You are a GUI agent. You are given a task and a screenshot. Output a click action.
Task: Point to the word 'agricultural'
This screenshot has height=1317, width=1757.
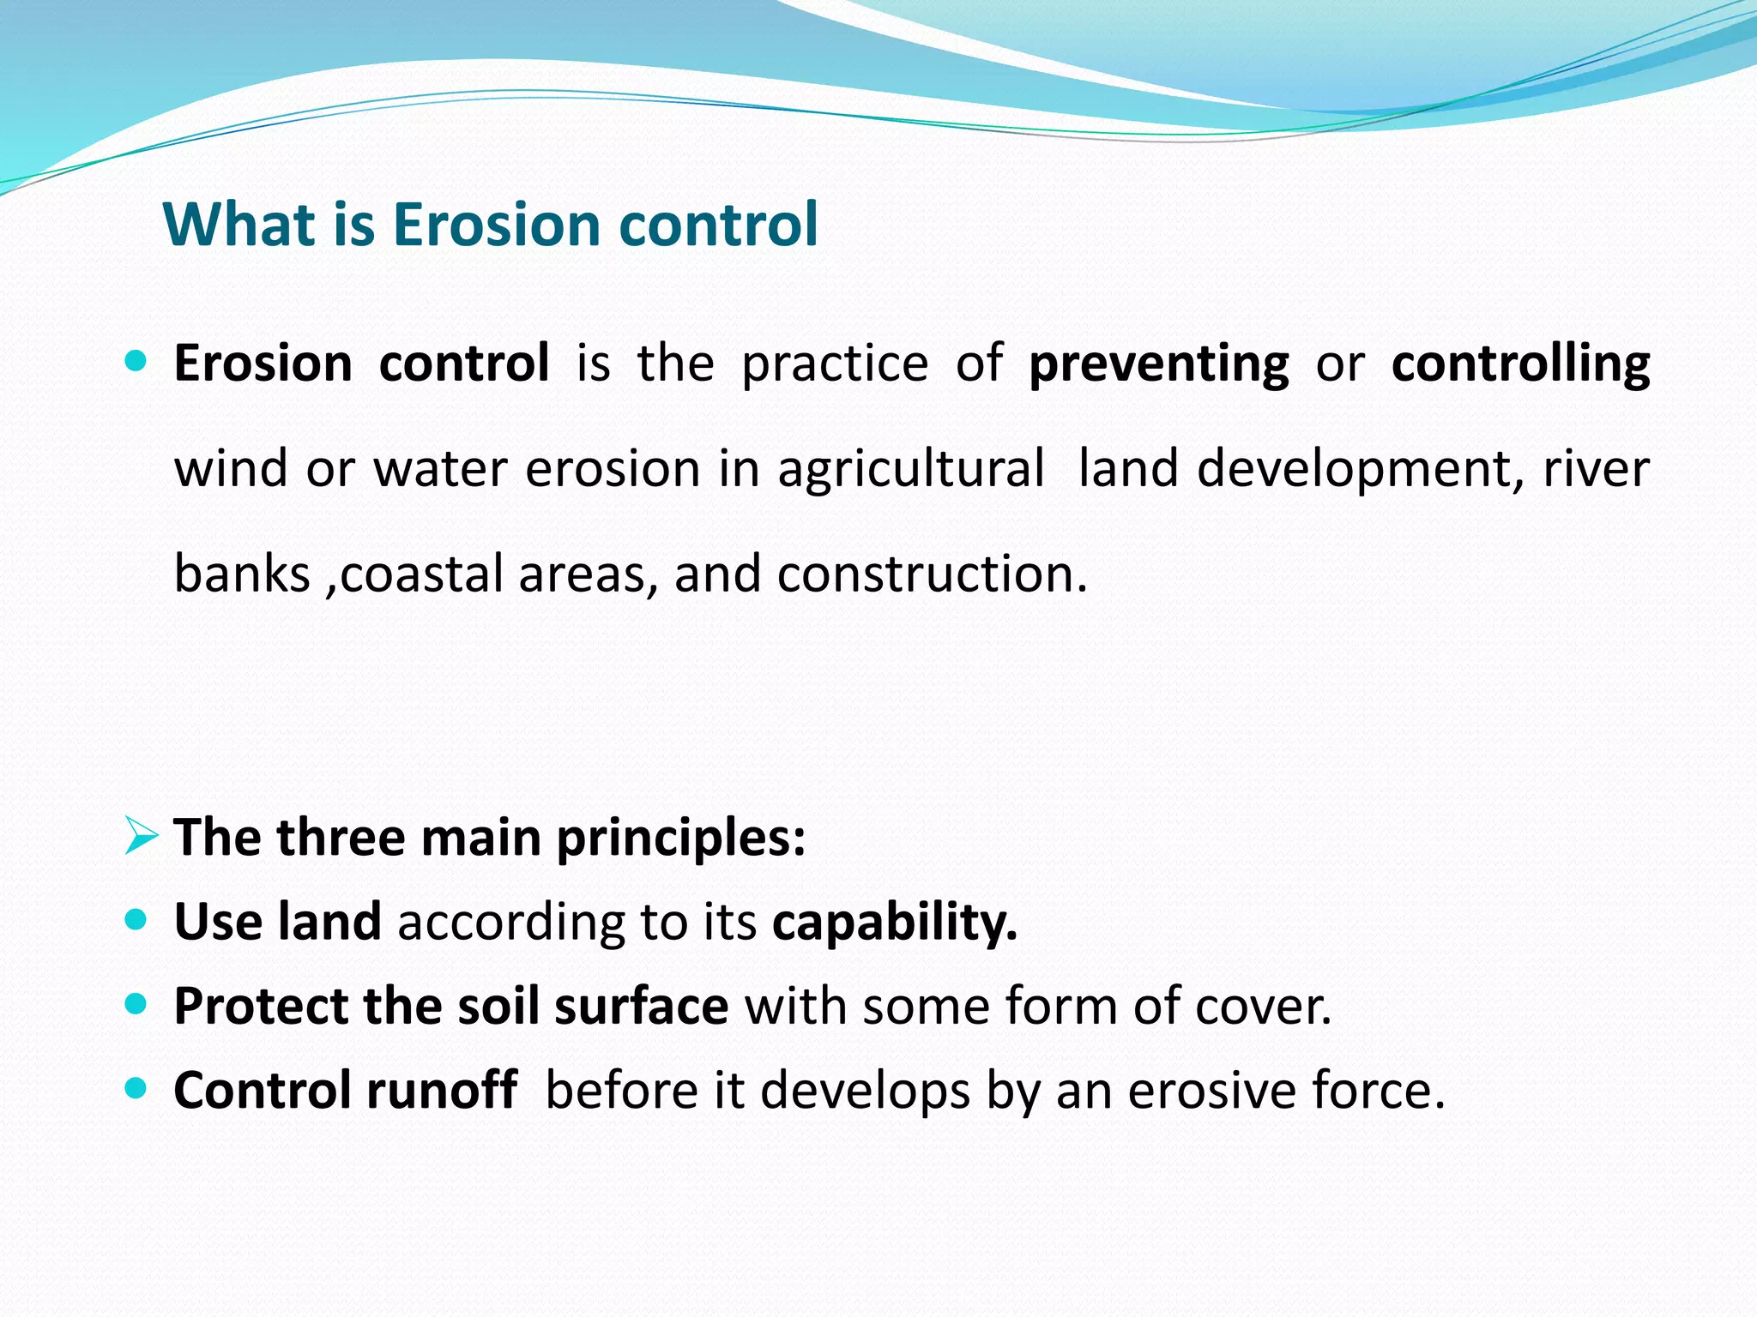(911, 470)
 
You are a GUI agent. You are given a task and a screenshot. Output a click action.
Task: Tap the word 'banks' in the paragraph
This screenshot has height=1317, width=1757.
(242, 574)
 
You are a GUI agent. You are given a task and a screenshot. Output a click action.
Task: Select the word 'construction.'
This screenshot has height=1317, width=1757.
(933, 574)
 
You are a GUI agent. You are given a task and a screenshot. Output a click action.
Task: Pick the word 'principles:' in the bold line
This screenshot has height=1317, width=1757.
(681, 838)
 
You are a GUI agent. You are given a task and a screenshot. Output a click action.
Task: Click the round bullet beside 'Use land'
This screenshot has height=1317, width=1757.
(136, 921)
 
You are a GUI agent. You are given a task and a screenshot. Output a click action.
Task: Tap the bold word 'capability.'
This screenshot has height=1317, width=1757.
(895, 923)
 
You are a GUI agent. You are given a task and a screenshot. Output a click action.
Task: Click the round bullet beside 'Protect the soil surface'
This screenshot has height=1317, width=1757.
(136, 1004)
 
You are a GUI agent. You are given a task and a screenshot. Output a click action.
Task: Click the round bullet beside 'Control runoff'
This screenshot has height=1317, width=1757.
(136, 1088)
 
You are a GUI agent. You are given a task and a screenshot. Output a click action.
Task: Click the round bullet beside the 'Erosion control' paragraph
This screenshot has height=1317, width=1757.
(136, 360)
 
